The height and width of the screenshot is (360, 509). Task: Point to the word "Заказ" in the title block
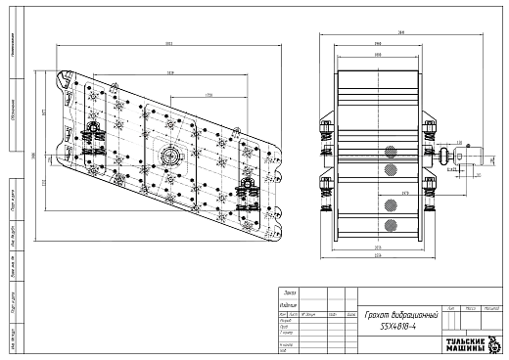click(288, 292)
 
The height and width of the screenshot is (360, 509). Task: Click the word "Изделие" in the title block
click(289, 303)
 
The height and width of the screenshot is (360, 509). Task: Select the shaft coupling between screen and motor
click(444, 155)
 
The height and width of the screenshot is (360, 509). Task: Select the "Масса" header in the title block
click(472, 307)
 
